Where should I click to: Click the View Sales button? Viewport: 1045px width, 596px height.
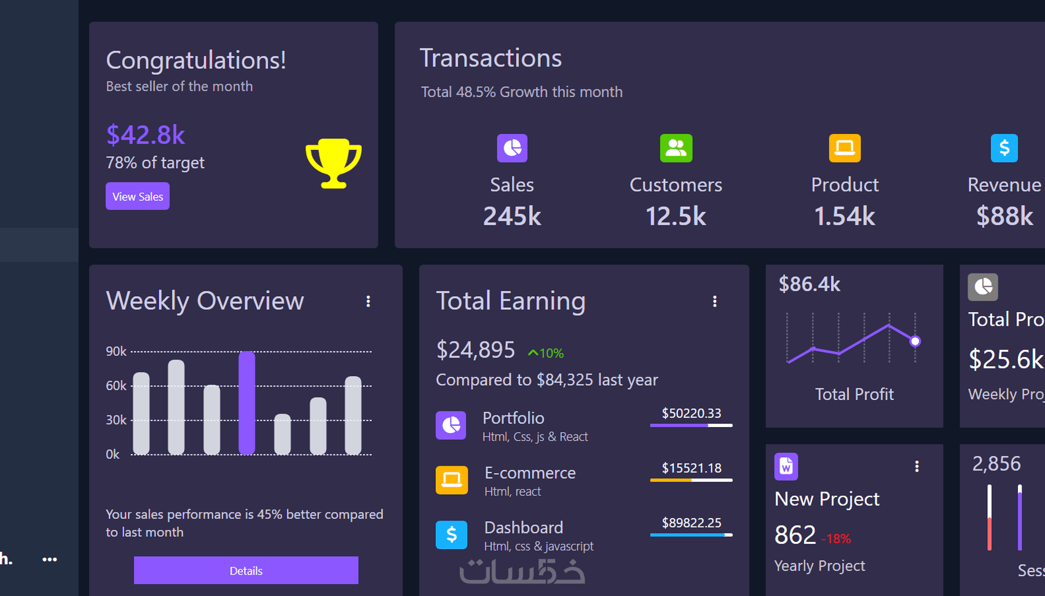pos(138,197)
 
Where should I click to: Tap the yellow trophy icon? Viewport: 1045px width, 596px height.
pos(333,163)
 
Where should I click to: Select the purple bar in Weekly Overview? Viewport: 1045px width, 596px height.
pos(246,402)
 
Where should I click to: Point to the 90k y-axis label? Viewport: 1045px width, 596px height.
pos(116,351)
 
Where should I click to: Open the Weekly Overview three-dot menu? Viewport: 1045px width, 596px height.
pos(368,301)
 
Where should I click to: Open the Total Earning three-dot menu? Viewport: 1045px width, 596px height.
pos(714,301)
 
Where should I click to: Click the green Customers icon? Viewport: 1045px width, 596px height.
pos(676,148)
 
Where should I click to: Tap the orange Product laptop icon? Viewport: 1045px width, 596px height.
pos(845,148)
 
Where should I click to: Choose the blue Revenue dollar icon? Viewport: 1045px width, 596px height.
pos(1004,148)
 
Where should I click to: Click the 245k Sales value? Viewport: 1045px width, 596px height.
pos(512,216)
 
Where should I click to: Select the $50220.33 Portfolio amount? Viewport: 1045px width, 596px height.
pos(692,414)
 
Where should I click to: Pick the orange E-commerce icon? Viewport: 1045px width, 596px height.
pos(452,480)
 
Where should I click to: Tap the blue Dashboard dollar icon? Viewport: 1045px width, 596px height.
pos(452,535)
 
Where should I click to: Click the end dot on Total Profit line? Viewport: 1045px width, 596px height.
pos(915,341)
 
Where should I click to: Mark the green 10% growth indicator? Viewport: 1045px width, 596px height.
pos(546,353)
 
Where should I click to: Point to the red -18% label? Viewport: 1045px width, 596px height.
pos(837,539)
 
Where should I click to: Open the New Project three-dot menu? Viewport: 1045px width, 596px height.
pos(917,466)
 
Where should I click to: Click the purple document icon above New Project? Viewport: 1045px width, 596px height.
pos(786,466)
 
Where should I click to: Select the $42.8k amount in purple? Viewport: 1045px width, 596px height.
pos(146,135)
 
